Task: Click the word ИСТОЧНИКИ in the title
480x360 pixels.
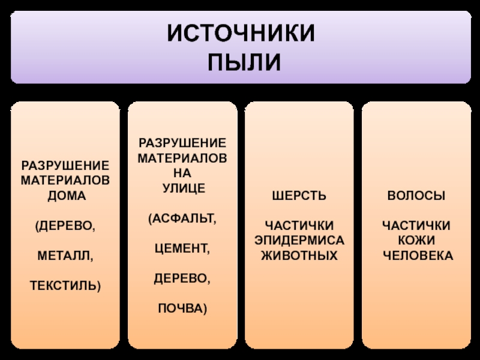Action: [240, 34]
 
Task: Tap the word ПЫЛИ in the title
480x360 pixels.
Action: [240, 61]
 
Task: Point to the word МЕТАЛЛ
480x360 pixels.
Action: [66, 256]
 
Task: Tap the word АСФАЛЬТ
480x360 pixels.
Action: [183, 217]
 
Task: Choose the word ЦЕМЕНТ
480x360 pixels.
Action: [183, 247]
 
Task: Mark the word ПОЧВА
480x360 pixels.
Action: [183, 308]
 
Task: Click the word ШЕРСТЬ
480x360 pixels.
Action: [299, 196]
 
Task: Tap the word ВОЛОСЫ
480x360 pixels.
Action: [416, 196]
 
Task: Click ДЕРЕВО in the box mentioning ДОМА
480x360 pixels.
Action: [66, 226]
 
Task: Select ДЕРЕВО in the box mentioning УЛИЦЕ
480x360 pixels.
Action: [183, 278]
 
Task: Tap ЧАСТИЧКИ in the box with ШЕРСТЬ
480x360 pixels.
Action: [299, 226]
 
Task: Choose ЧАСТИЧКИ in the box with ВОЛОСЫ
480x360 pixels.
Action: [416, 226]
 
